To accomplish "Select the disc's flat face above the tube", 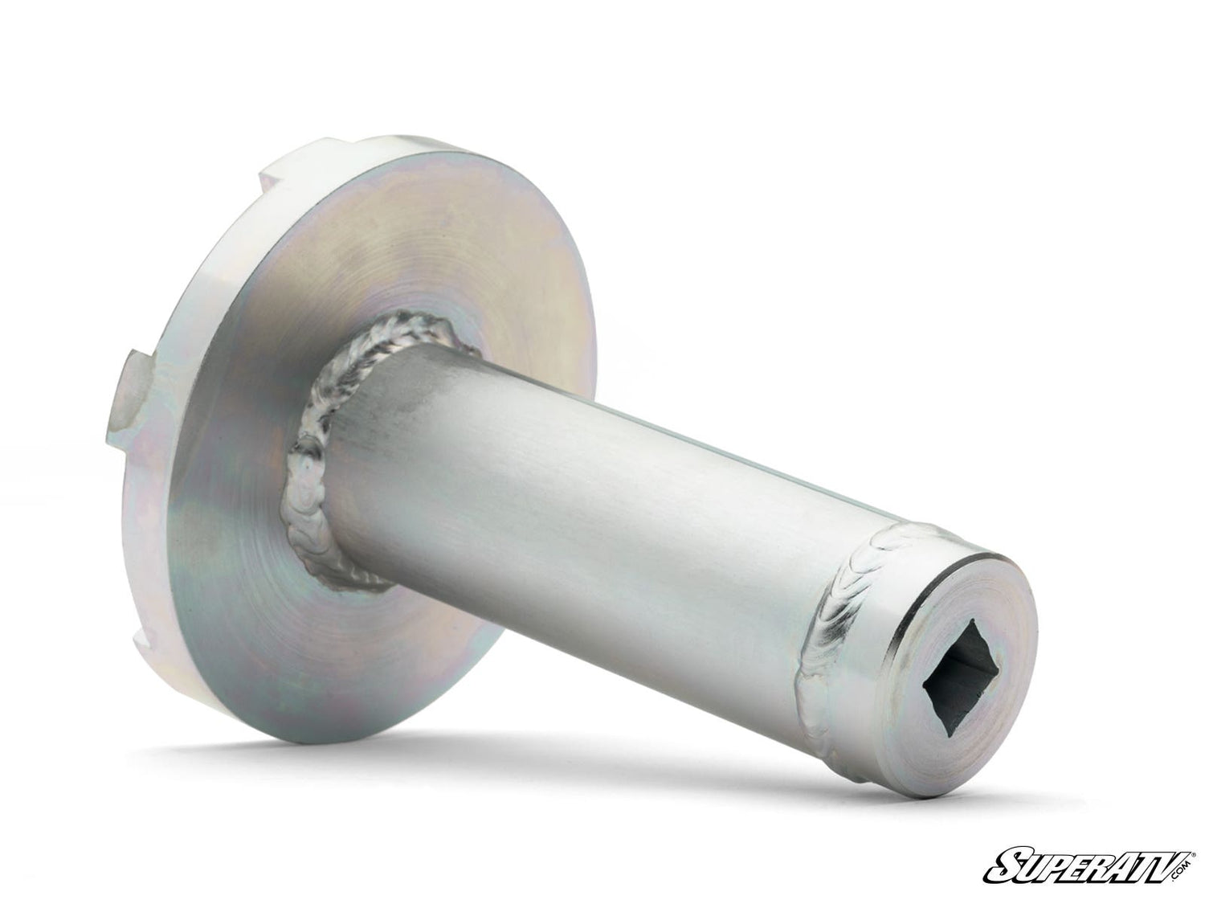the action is pos(439,242).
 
